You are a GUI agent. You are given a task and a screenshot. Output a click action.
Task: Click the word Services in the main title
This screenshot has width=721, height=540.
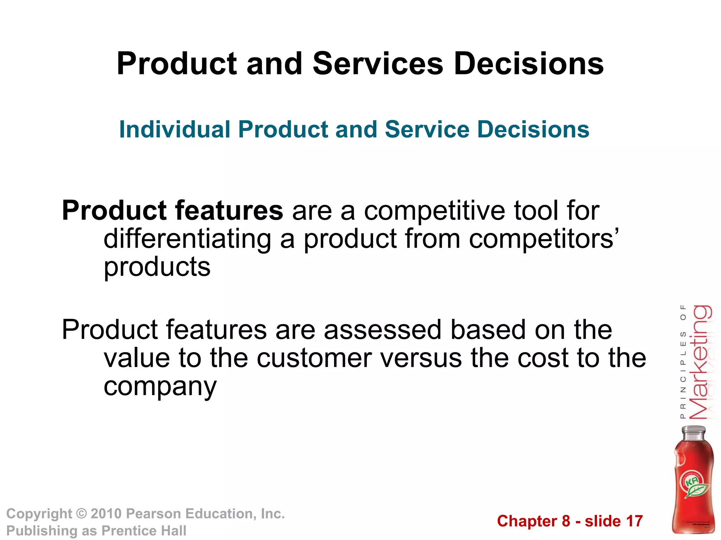(x=378, y=64)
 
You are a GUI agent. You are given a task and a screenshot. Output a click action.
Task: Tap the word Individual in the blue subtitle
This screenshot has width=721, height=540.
(x=175, y=129)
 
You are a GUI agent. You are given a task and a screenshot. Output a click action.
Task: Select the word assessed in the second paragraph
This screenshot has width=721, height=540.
(x=382, y=330)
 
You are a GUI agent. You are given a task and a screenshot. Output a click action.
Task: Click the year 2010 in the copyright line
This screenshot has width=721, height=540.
(x=106, y=514)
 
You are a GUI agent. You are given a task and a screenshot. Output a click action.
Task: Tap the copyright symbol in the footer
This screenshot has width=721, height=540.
(x=81, y=514)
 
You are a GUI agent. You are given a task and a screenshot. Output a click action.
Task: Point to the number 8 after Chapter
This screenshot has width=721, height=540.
(x=566, y=521)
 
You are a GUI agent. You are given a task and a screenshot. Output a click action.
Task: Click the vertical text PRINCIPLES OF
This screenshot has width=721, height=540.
(x=683, y=362)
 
